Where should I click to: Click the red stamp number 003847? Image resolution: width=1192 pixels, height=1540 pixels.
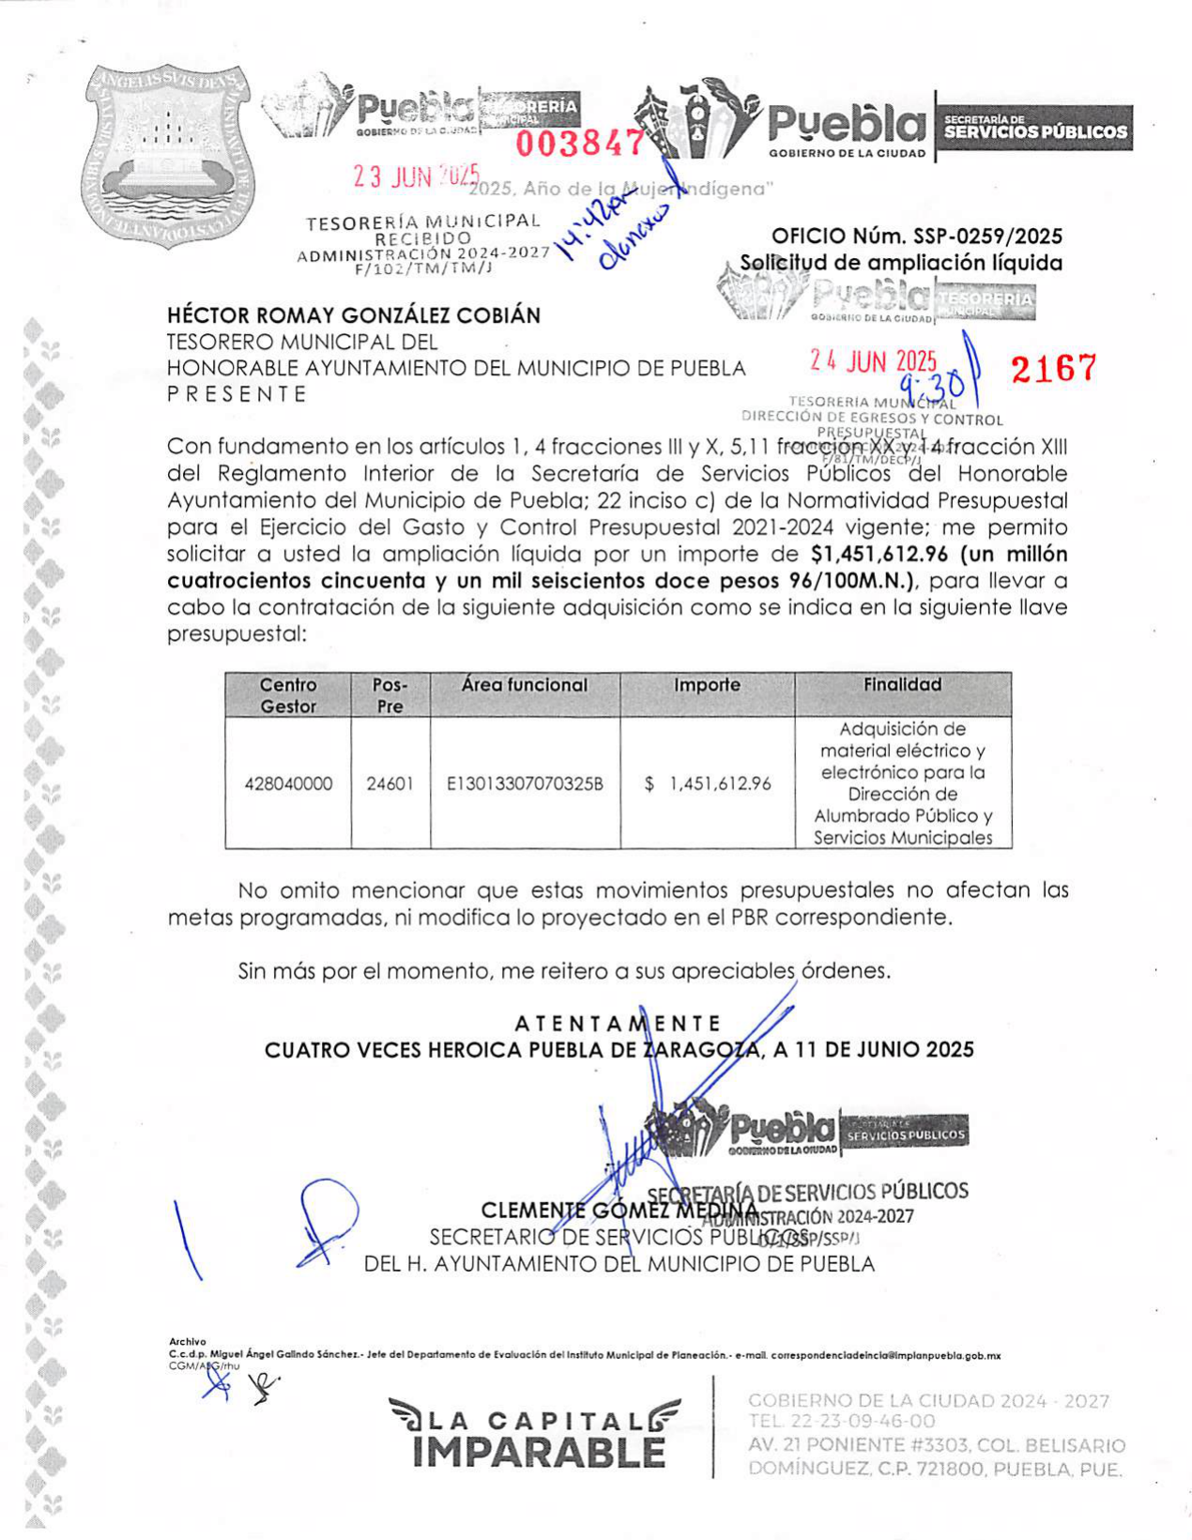pos(580,144)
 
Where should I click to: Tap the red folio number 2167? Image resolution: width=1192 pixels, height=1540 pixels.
pos(1053,369)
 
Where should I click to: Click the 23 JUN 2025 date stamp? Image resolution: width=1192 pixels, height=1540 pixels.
pos(416,175)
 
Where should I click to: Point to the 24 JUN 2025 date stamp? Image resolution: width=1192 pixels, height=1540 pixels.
pos(873,362)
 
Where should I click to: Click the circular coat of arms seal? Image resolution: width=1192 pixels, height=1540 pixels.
pos(167,156)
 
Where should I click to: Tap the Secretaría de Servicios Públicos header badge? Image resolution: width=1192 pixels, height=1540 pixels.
pos(1035,129)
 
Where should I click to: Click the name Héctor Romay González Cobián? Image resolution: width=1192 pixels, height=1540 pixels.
pos(354,315)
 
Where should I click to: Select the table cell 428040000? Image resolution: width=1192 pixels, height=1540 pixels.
pos(288,784)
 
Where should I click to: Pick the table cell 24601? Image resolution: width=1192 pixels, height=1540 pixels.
pos(390,784)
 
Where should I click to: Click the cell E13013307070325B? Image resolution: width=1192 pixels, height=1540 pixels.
pos(525,784)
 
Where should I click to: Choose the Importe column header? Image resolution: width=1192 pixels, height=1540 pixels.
pos(707,685)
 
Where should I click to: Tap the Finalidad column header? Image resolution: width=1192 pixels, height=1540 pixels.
pos(902,685)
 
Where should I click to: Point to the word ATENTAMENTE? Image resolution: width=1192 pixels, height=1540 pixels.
pos(618,1023)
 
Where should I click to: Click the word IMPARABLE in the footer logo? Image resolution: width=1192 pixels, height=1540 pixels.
pos(539,1453)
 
